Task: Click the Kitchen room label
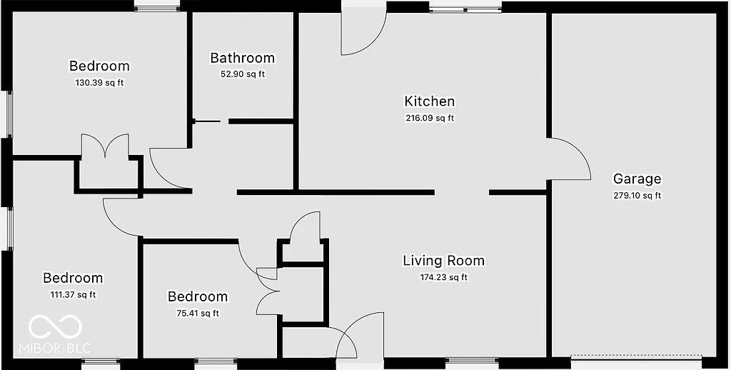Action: [x=429, y=101]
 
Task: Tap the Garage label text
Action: [x=637, y=179]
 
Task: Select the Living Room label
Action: [x=443, y=261]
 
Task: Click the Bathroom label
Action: [x=242, y=58]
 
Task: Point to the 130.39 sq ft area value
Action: [x=99, y=83]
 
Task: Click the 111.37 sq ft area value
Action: [x=72, y=294]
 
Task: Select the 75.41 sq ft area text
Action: [x=197, y=313]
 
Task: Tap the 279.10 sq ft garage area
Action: [x=637, y=196]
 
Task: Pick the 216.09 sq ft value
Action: [x=429, y=119]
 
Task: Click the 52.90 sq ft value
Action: [x=242, y=74]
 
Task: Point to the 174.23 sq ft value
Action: [x=443, y=277]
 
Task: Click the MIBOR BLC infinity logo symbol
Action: [x=55, y=327]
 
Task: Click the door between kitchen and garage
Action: [x=569, y=159]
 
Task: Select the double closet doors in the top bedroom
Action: [x=105, y=146]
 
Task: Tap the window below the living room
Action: [x=465, y=362]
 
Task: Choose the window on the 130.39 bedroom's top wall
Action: [x=156, y=8]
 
